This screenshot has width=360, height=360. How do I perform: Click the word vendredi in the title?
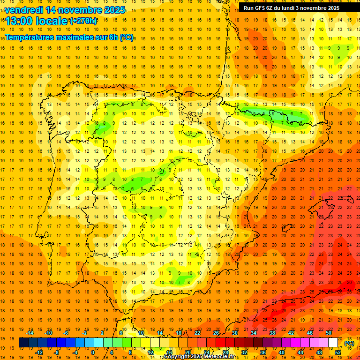24,10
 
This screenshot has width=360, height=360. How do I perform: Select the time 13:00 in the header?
20,21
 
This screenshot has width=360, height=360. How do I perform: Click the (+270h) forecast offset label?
83,21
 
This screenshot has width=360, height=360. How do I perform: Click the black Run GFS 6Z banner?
298,7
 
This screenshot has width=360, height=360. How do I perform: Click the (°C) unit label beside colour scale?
349,343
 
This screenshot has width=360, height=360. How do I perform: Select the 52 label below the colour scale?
338,352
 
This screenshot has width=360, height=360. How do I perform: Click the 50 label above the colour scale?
329,333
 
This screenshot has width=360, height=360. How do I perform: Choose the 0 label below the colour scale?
93,352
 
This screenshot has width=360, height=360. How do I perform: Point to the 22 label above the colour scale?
197,333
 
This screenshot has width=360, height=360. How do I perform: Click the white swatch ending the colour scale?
333,343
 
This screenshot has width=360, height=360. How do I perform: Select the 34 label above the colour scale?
254,333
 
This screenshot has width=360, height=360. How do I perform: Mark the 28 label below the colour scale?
225,352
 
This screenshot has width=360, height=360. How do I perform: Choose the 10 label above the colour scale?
141,333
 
